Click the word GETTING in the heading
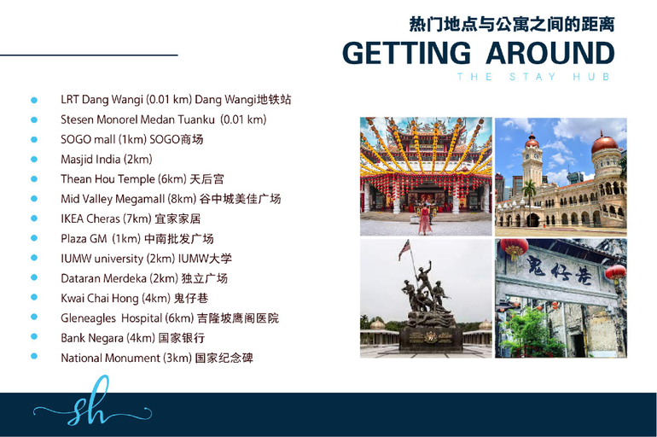tap(406, 53)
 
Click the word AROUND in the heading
tap(550, 53)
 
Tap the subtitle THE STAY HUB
tap(533, 77)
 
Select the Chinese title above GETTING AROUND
tap(512, 24)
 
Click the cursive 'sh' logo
tap(91, 402)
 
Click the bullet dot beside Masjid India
tap(34, 160)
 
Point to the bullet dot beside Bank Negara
tap(34, 337)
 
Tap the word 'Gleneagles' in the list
tap(88, 318)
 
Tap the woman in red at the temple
tap(424, 218)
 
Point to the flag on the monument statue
tap(404, 250)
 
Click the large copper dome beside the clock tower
tap(604, 143)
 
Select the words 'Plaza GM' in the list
tap(84, 239)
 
